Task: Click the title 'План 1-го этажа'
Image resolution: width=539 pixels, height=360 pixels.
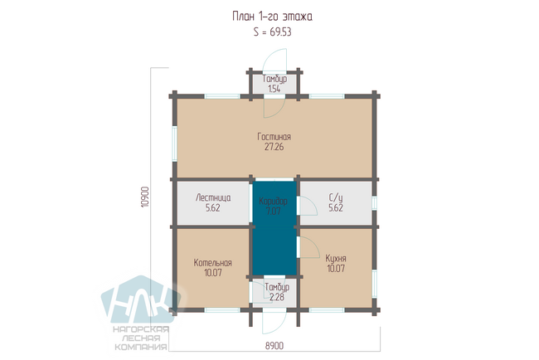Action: point(272,17)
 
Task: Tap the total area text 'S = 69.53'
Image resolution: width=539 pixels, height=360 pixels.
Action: point(272,32)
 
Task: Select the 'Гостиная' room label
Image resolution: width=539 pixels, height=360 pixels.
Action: point(274,137)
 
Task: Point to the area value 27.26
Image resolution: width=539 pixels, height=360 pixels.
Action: point(274,147)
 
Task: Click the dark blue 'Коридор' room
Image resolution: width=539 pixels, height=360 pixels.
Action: point(274,228)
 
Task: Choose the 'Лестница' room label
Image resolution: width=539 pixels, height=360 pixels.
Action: point(213,197)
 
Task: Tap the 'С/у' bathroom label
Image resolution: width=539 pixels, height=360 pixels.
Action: point(336,197)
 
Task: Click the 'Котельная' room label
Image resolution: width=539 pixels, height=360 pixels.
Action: point(213,263)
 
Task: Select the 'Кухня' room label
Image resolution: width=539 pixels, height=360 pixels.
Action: point(336,259)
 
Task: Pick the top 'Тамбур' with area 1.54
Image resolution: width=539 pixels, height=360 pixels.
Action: point(274,84)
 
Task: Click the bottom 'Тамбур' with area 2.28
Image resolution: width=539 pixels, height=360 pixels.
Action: point(277,292)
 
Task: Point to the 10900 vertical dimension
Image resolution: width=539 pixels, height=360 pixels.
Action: point(145,197)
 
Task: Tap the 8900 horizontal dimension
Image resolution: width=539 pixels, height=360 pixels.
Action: point(274,346)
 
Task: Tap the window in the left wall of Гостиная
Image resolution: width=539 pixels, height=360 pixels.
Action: point(174,144)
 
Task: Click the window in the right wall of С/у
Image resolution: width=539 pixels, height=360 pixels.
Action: point(374,203)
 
